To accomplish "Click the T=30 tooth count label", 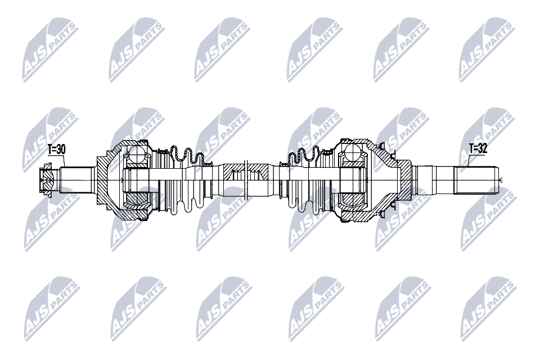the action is coord(56,149).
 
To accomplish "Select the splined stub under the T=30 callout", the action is coord(76,180).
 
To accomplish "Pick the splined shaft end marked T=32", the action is coord(478,180).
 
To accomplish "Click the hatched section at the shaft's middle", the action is coord(245,171).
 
